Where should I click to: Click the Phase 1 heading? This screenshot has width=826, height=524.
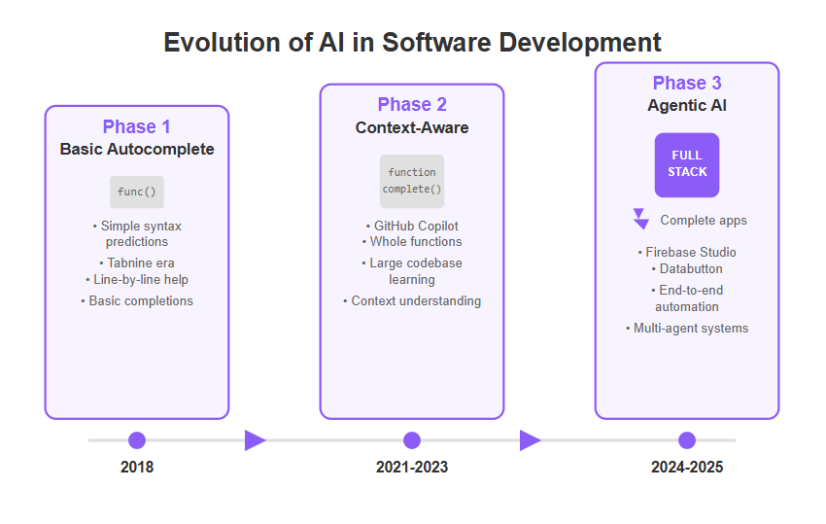coord(136,126)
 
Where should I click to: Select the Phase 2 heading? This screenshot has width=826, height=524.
coord(412,104)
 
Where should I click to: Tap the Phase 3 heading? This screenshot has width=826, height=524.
coord(687,83)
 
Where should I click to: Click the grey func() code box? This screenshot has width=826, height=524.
coord(137,192)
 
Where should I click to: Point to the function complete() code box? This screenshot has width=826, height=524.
coord(412,181)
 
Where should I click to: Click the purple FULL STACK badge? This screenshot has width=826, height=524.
coord(687,165)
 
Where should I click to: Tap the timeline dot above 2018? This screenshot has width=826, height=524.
coord(137,440)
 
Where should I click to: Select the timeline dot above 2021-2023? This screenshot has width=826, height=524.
coord(412,440)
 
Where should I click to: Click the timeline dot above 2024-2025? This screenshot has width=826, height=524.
coord(687,440)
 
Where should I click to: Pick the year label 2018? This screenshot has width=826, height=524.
coord(137,467)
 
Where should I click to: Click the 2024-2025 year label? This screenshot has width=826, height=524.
coord(687,467)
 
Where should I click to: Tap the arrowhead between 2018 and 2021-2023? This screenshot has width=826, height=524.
coord(255,440)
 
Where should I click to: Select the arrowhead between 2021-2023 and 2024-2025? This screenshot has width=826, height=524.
coord(530,440)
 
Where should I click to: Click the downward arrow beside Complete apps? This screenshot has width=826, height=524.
coord(640,219)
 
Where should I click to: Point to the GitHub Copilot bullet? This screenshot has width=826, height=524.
coord(412,227)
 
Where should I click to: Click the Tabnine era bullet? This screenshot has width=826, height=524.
coord(137,263)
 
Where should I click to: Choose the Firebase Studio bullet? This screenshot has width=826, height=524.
coord(687,252)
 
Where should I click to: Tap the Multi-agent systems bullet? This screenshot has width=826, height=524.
coord(687,328)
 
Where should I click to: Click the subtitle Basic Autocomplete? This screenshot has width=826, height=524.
coord(137,149)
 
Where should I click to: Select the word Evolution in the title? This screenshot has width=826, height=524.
coord(224,42)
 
